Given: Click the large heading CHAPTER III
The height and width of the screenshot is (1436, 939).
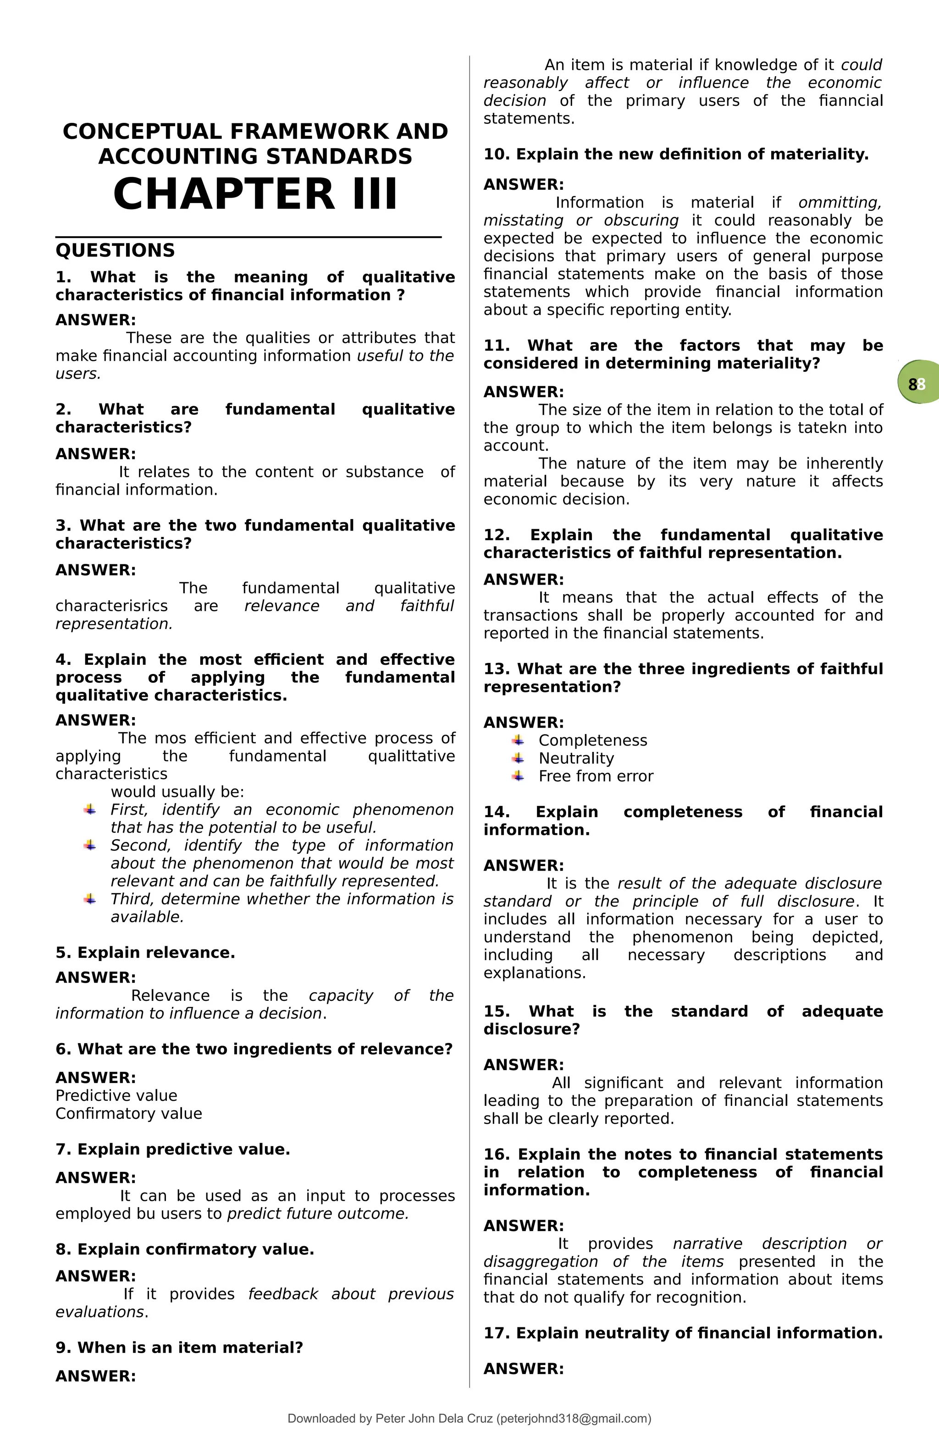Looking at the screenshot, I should pos(255,194).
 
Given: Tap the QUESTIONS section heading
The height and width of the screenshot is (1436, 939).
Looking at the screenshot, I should pos(115,250).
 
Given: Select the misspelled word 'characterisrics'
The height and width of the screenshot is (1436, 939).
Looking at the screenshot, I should pos(111,606).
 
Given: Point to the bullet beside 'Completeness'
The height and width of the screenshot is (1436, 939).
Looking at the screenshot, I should pos(518,740).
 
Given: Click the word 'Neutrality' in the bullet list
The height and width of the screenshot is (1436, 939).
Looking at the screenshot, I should pos(576,758).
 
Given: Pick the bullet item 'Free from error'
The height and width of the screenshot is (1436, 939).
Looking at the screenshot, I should pos(596,777).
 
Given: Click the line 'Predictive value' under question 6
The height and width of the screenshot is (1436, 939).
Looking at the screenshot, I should pos(116,1096).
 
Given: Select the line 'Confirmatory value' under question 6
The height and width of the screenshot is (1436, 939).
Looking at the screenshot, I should pos(128,1114).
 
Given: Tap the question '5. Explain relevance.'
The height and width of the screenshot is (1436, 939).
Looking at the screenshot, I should pos(145,953).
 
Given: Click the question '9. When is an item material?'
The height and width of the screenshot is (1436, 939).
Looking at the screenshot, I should pos(179,1348).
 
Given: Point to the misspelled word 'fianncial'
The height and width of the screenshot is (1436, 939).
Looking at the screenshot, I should pos(851,101).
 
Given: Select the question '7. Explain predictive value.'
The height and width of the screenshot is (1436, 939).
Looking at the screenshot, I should pos(172,1149).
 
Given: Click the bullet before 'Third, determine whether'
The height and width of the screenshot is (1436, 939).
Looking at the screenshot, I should pos(90,900).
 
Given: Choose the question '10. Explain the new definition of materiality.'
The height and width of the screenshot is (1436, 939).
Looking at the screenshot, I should pos(675,155).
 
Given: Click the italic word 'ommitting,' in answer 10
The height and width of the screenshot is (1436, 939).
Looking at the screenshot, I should pos(840,203).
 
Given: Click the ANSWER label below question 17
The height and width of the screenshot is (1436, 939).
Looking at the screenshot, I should pos(523,1369).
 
